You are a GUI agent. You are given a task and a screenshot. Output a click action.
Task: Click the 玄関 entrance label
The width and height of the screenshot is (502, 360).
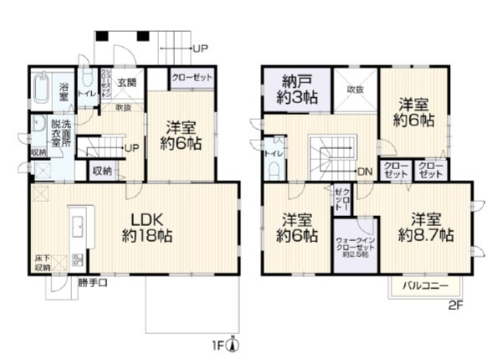click(x=126, y=82)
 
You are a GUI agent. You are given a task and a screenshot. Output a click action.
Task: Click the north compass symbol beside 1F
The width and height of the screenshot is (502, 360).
click(x=237, y=345)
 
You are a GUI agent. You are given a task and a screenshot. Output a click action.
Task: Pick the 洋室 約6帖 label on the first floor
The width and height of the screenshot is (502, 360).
click(x=182, y=136)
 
